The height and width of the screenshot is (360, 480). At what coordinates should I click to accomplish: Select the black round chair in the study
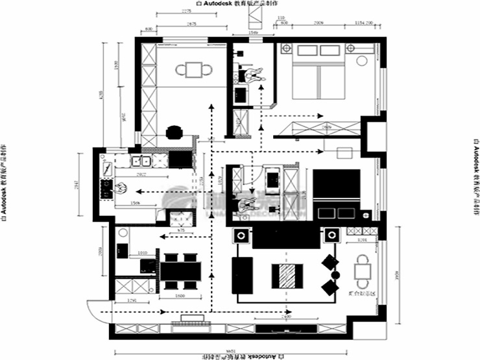173,132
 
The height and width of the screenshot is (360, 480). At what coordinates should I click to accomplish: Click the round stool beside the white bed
361,62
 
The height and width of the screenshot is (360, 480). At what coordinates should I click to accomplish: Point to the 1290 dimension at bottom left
131,300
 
